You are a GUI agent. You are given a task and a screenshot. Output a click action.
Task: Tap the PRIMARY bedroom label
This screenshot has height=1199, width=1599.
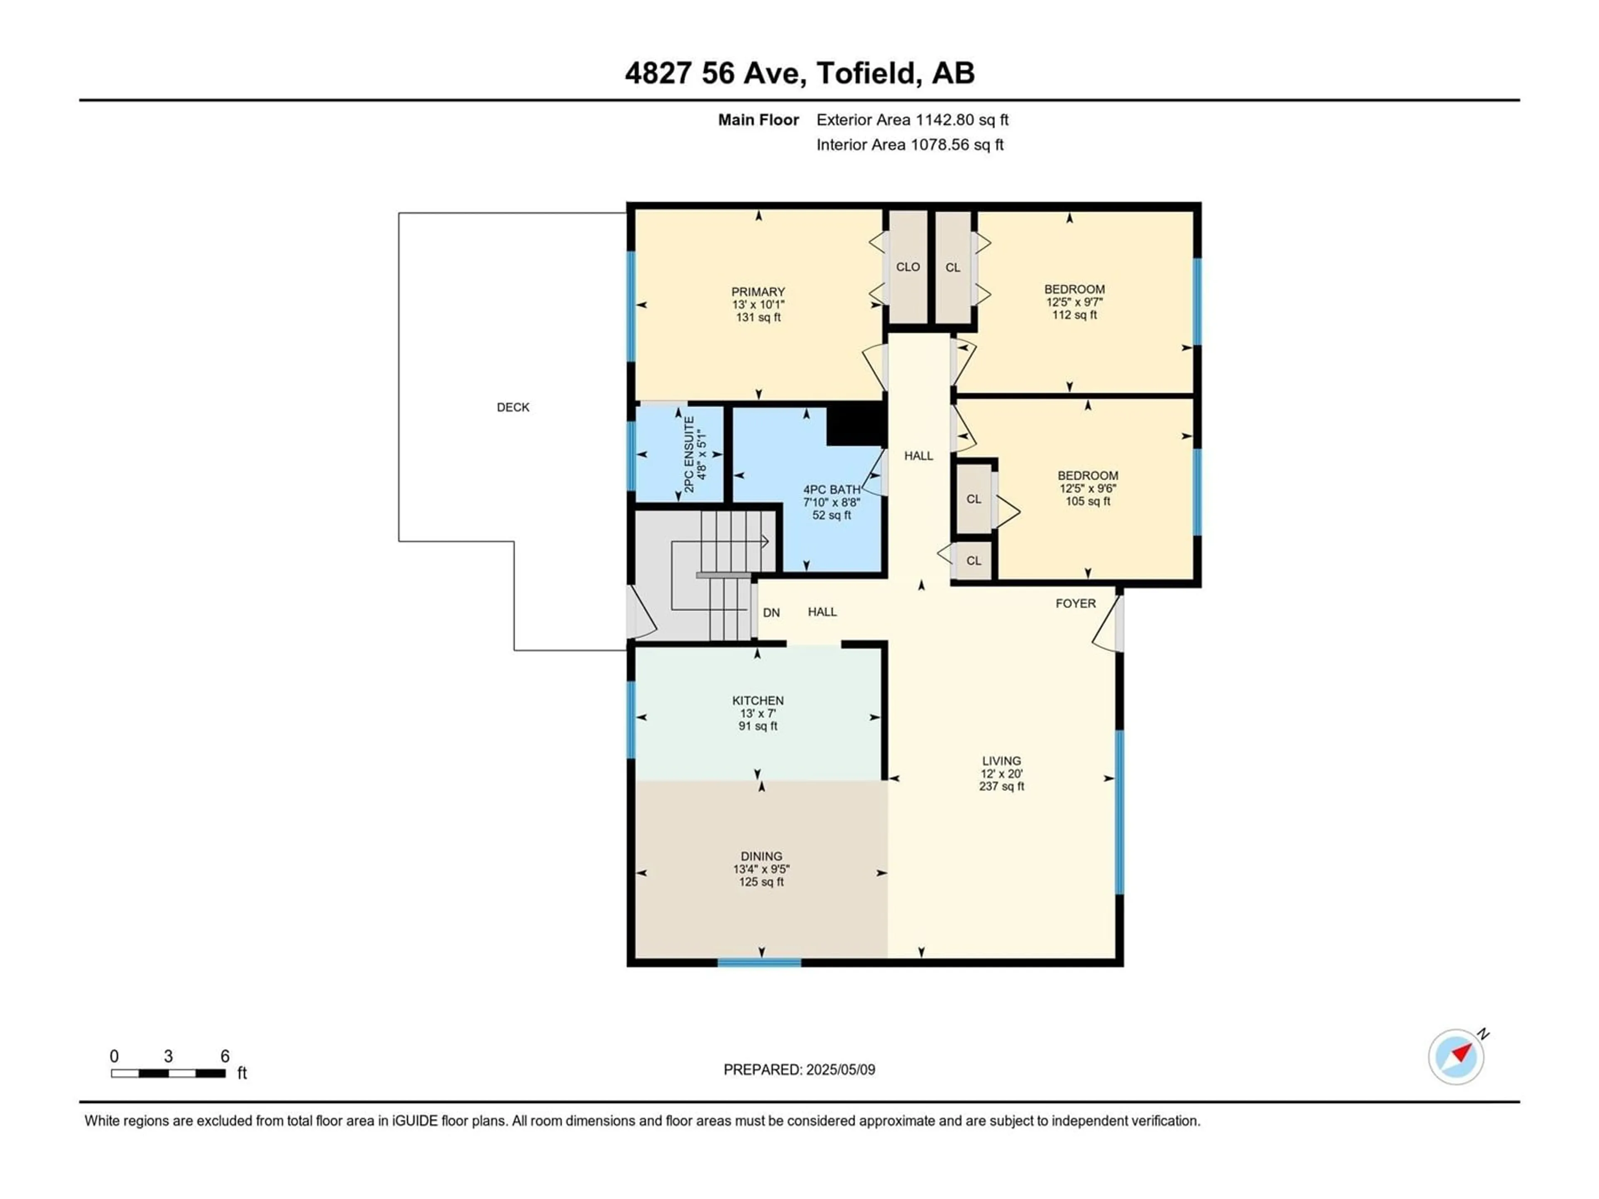[757, 292]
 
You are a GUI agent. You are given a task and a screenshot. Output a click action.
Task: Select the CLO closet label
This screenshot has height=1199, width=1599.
[908, 267]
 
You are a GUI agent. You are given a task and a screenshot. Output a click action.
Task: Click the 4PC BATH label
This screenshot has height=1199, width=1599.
[831, 489]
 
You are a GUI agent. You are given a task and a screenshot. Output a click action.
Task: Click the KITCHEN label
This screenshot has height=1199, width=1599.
[757, 700]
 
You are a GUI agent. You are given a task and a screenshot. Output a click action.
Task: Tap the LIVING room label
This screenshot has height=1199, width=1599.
[1001, 761]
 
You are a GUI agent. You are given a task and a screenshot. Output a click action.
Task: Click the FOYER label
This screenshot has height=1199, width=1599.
[1076, 604]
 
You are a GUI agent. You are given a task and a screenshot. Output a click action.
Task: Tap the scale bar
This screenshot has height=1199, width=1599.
[168, 1073]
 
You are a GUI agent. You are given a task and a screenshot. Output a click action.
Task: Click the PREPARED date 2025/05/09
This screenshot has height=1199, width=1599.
[839, 1070]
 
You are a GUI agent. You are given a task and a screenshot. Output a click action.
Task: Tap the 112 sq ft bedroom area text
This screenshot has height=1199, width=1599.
[1074, 315]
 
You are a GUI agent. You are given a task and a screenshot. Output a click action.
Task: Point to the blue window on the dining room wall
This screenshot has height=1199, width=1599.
[759, 963]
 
